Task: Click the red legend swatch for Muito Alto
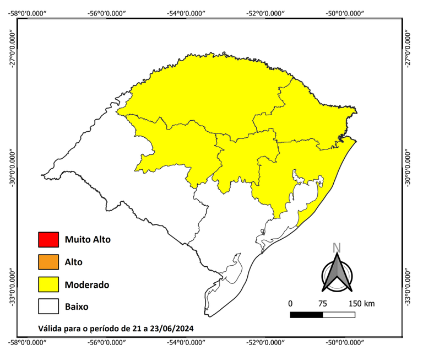click(x=48, y=240)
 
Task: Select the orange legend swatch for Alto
click(x=48, y=262)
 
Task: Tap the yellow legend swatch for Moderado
click(x=48, y=284)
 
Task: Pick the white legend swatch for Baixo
click(x=48, y=307)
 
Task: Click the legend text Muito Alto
click(x=88, y=240)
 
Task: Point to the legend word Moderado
click(x=86, y=285)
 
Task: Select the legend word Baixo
click(x=77, y=307)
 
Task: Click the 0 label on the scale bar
click(x=290, y=304)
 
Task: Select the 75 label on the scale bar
click(x=323, y=304)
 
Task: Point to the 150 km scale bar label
click(x=361, y=304)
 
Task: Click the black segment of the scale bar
click(x=306, y=315)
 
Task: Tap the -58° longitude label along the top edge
click(x=28, y=13)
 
